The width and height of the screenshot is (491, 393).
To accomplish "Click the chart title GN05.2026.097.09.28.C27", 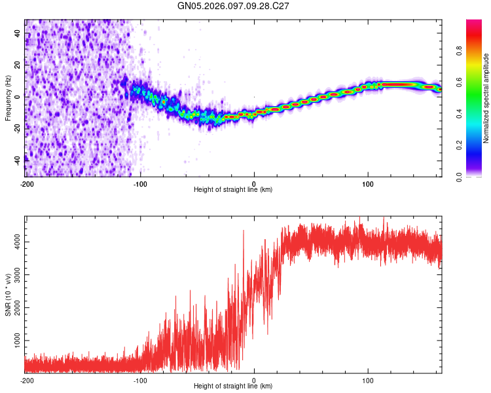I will coord(234,6).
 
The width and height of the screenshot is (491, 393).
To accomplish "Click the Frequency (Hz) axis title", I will coord(8,99).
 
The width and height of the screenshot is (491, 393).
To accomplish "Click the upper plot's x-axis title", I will coord(233,189).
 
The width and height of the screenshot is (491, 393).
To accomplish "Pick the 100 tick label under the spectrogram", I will coord(368,183).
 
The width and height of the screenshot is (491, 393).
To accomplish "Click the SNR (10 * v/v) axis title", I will coord(8,294).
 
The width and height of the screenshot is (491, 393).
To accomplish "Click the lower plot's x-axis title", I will coord(233,386).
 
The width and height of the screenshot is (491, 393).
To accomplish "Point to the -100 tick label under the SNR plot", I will coord(140,380).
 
